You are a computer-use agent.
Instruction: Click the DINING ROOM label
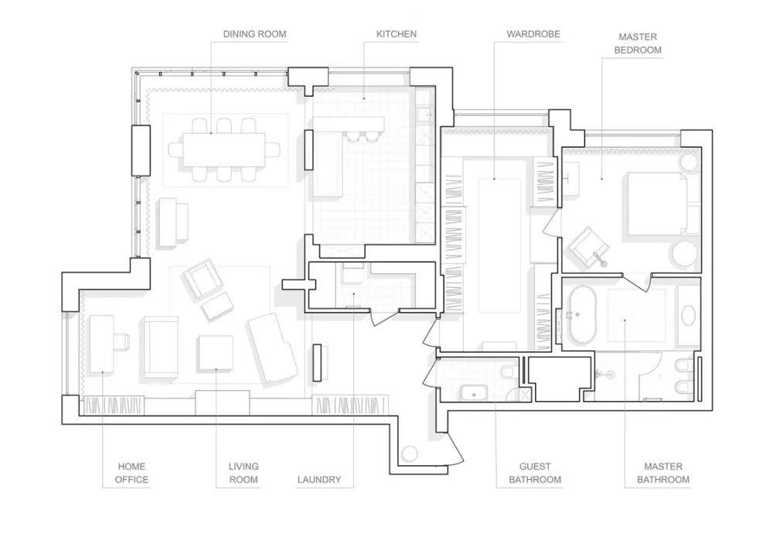[254, 34]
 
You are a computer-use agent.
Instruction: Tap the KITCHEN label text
[397, 34]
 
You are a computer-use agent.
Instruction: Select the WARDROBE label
[533, 34]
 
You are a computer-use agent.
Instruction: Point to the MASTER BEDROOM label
[638, 43]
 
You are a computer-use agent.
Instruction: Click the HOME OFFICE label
[131, 473]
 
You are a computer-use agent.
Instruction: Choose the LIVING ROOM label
[243, 473]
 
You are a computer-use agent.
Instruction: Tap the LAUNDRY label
[319, 479]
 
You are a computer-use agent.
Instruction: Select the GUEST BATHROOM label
[535, 473]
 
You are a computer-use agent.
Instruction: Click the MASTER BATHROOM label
[663, 473]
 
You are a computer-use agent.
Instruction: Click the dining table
[224, 150]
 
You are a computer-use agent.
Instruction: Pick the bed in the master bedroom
[656, 203]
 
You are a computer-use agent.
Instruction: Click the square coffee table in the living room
[216, 353]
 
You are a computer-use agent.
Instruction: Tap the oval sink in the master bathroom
[688, 315]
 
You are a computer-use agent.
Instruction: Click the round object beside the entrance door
[410, 453]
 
